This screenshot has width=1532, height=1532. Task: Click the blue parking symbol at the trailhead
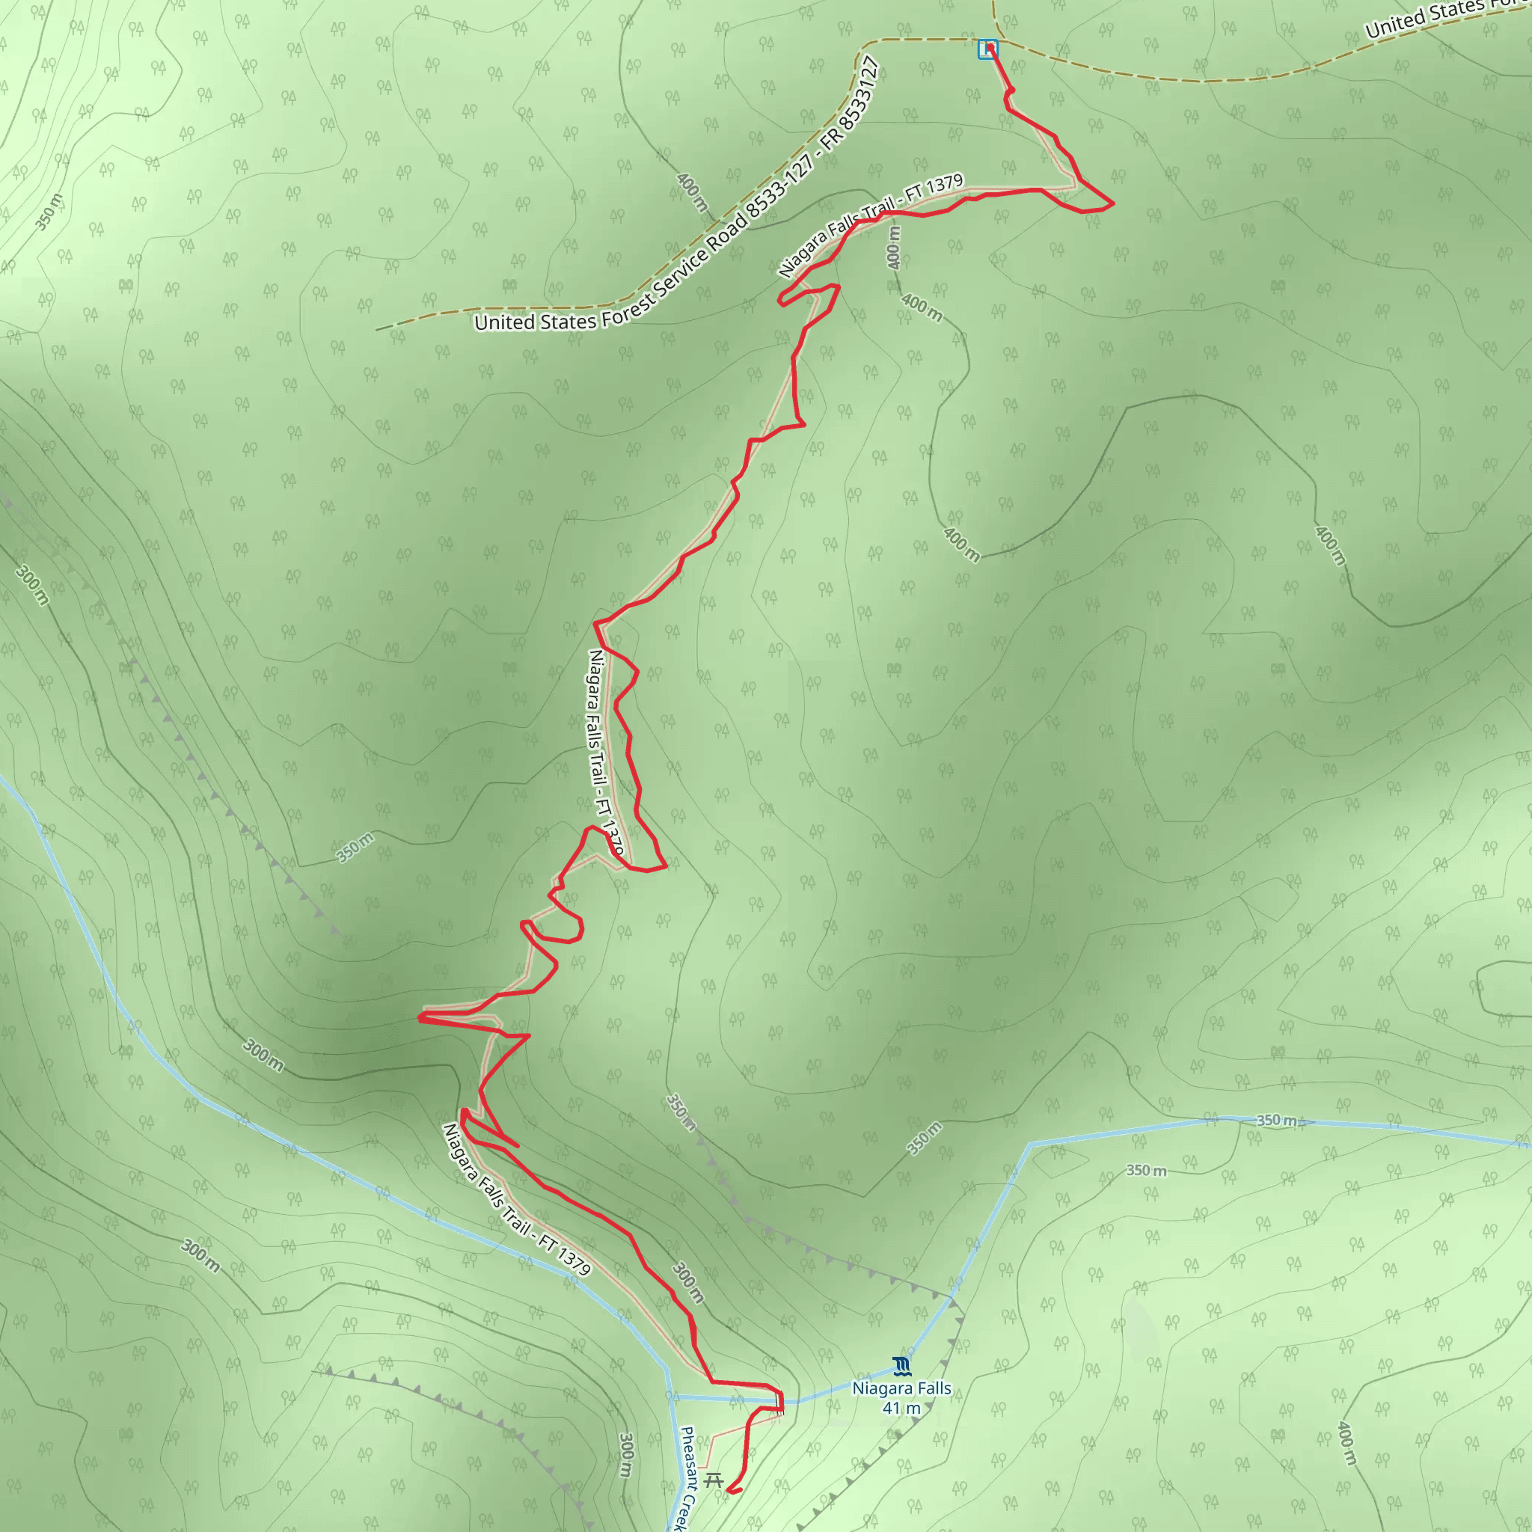pos(987,49)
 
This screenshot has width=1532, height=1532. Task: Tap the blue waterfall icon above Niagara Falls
pos(901,1365)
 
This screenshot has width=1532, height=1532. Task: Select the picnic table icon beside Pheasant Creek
pos(714,1480)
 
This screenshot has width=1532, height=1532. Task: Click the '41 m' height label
pos(901,1409)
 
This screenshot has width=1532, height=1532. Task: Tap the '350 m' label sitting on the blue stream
pos(1278,1121)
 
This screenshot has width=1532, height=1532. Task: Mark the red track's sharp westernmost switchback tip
pos(420,1017)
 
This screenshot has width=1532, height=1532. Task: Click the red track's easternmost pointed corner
pos(1113,203)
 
